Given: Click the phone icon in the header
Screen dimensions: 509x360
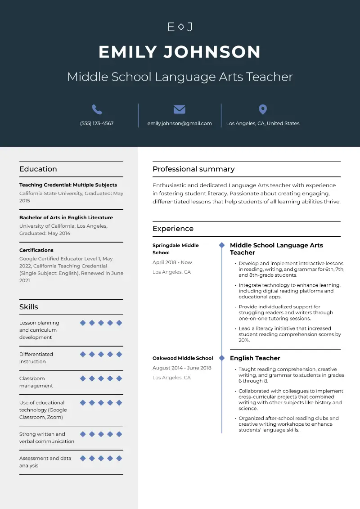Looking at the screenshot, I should pyautogui.click(x=97, y=109).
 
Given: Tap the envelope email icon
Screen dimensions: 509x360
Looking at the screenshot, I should pyautogui.click(x=180, y=109).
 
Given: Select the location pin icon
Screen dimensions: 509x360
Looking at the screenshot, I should pyautogui.click(x=263, y=109).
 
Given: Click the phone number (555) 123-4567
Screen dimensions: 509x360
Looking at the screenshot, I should pyautogui.click(x=97, y=123).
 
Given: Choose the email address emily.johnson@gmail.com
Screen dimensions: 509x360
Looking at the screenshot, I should pyautogui.click(x=180, y=123).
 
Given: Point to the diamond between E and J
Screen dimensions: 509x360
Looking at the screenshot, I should pyautogui.click(x=180, y=27).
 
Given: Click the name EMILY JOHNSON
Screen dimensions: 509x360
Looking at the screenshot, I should pyautogui.click(x=180, y=52).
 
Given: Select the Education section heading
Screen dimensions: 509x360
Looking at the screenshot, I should pyautogui.click(x=38, y=169).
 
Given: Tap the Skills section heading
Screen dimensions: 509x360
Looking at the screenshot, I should pyautogui.click(x=29, y=307).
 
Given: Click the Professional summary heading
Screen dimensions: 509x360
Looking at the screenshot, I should pyautogui.click(x=193, y=169).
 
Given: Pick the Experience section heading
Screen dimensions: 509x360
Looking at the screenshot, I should pyautogui.click(x=173, y=229).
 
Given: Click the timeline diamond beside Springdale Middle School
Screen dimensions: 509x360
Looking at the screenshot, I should pyautogui.click(x=221, y=245).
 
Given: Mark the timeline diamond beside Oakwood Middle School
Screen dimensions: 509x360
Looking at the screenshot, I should pyautogui.click(x=221, y=358).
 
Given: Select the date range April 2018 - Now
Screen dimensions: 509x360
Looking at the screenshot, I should pyautogui.click(x=172, y=262).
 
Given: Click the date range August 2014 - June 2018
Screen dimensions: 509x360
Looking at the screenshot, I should pyautogui.click(x=182, y=368).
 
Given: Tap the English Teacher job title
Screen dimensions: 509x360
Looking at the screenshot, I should pyautogui.click(x=255, y=358).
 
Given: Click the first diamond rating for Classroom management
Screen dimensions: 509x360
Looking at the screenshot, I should pyautogui.click(x=83, y=378).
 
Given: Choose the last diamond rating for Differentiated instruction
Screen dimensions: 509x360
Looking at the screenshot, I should pyautogui.click(x=119, y=354).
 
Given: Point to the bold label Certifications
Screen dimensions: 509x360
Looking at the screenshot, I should pyautogui.click(x=36, y=250).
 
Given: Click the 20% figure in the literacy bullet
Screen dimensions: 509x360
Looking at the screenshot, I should pyautogui.click(x=243, y=340).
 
